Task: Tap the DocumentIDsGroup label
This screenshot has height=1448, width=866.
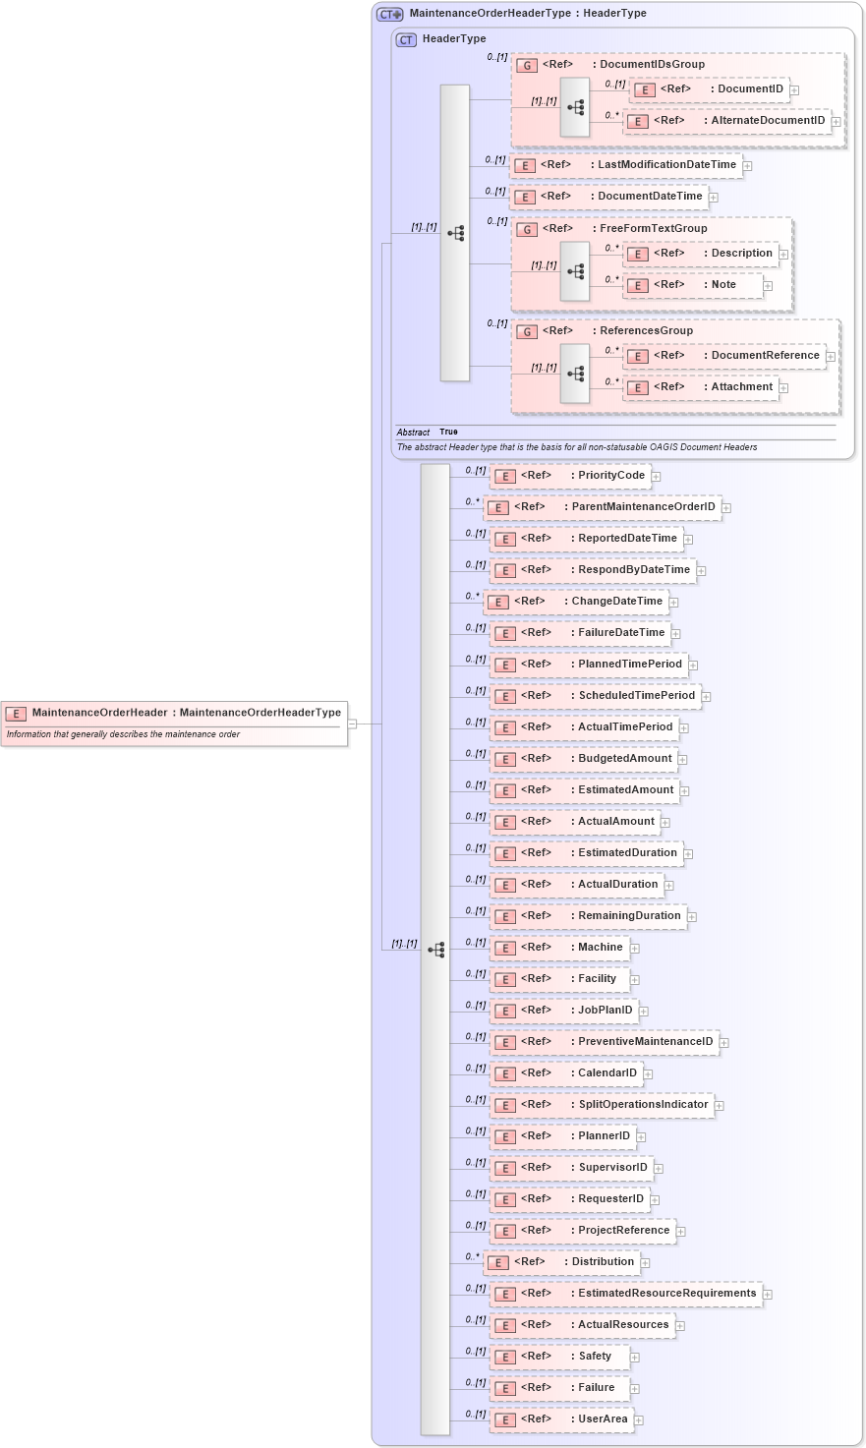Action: tap(652, 65)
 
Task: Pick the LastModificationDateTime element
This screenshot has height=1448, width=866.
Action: tap(625, 165)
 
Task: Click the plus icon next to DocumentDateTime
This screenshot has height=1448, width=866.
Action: tap(714, 198)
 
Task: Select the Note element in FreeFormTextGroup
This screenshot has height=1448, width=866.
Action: tap(694, 285)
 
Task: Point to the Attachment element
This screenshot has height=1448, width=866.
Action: tap(702, 387)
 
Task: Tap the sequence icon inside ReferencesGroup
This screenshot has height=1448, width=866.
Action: tap(575, 374)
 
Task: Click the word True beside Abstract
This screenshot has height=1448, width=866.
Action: tap(448, 433)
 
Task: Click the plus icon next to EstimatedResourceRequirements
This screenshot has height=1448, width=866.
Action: tap(768, 1295)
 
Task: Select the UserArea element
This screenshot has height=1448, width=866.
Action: tap(564, 1419)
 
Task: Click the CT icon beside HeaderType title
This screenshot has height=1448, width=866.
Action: tap(406, 40)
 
